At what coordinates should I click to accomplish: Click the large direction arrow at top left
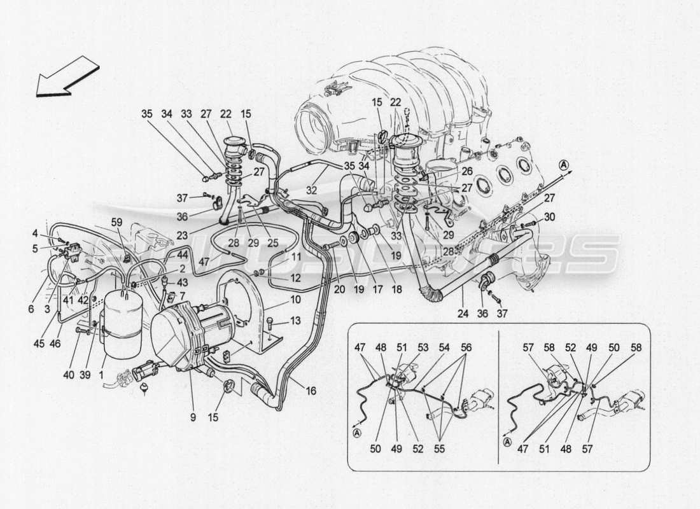point(67,76)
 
